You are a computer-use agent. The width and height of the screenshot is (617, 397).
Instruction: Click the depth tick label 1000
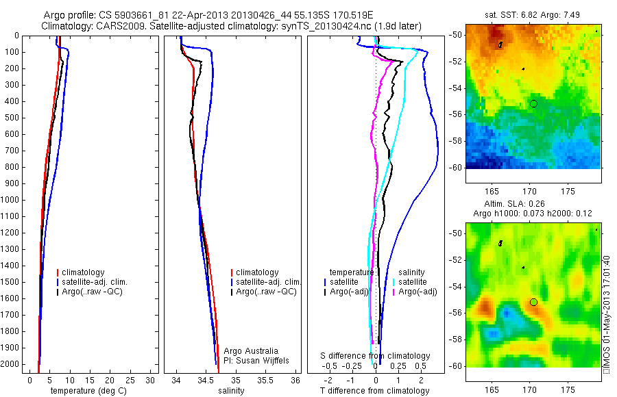[12, 200]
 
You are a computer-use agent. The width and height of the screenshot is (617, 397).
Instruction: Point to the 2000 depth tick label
[12, 364]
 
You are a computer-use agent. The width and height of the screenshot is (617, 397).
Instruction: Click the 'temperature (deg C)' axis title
[86, 391]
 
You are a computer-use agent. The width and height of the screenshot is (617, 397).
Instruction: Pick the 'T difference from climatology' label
[374, 391]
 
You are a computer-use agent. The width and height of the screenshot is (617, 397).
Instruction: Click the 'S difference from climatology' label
[376, 356]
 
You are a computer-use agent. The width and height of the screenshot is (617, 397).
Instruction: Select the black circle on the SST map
[533, 103]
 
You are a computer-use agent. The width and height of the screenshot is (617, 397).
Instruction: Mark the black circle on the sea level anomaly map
[533, 302]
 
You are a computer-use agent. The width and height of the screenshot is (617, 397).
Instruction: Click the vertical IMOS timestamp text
[606, 316]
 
